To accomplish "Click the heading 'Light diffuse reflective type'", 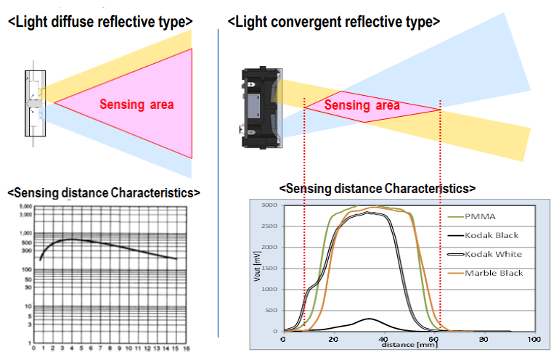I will (100, 21).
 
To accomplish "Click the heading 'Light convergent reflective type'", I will (334, 22).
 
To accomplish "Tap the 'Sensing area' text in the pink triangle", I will (136, 105).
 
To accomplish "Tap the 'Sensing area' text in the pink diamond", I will (362, 106).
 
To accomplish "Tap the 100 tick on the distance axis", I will (534, 340).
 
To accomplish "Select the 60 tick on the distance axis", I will (433, 340).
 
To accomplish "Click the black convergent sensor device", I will (259, 107).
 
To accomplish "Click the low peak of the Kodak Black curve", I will (370, 319).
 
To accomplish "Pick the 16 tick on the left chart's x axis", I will (187, 348).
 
